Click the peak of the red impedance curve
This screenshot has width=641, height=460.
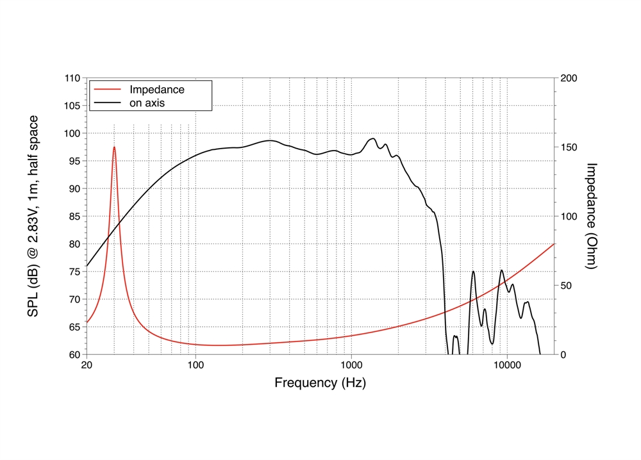(x=114, y=147)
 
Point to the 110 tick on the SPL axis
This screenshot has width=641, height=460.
(x=72, y=78)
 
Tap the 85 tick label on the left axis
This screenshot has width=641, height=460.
(x=74, y=217)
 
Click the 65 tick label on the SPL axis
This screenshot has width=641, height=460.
(x=74, y=327)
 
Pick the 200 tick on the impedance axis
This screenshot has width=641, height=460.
(x=570, y=78)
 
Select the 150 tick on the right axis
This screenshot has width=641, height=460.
(x=570, y=147)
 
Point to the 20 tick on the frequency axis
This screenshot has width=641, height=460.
(x=87, y=366)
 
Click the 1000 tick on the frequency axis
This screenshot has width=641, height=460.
(x=351, y=366)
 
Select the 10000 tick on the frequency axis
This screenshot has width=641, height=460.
(x=506, y=366)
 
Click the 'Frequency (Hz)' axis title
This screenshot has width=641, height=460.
(x=320, y=383)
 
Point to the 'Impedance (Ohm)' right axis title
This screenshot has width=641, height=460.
(x=592, y=216)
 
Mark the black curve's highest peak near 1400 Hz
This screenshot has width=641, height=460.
(x=372, y=138)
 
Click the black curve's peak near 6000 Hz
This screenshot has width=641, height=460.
(x=473, y=272)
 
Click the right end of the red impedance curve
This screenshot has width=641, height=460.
(x=554, y=244)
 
